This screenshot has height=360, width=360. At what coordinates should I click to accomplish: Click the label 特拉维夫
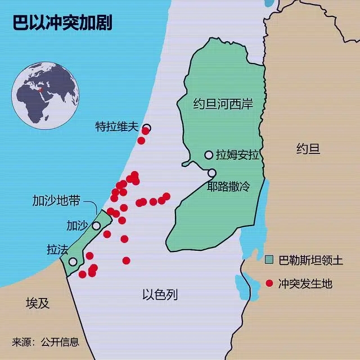click(116, 127)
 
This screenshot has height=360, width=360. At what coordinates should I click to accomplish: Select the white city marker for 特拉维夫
click(147, 128)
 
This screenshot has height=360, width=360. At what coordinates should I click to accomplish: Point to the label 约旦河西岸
click(223, 105)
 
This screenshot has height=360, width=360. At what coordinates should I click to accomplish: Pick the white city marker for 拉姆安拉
click(209, 155)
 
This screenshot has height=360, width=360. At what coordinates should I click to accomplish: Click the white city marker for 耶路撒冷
click(212, 173)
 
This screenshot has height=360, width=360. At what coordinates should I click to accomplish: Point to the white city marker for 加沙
click(96, 226)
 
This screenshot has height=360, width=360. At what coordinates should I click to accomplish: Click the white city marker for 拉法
click(73, 262)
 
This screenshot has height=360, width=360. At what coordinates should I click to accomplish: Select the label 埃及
click(38, 304)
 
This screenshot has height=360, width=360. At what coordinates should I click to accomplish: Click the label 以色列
click(160, 294)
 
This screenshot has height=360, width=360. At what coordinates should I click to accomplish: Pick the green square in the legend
click(269, 259)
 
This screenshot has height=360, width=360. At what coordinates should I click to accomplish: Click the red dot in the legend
click(269, 283)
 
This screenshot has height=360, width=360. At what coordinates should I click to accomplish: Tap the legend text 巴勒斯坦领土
click(310, 260)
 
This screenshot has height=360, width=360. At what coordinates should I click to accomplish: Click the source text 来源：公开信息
click(46, 341)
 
